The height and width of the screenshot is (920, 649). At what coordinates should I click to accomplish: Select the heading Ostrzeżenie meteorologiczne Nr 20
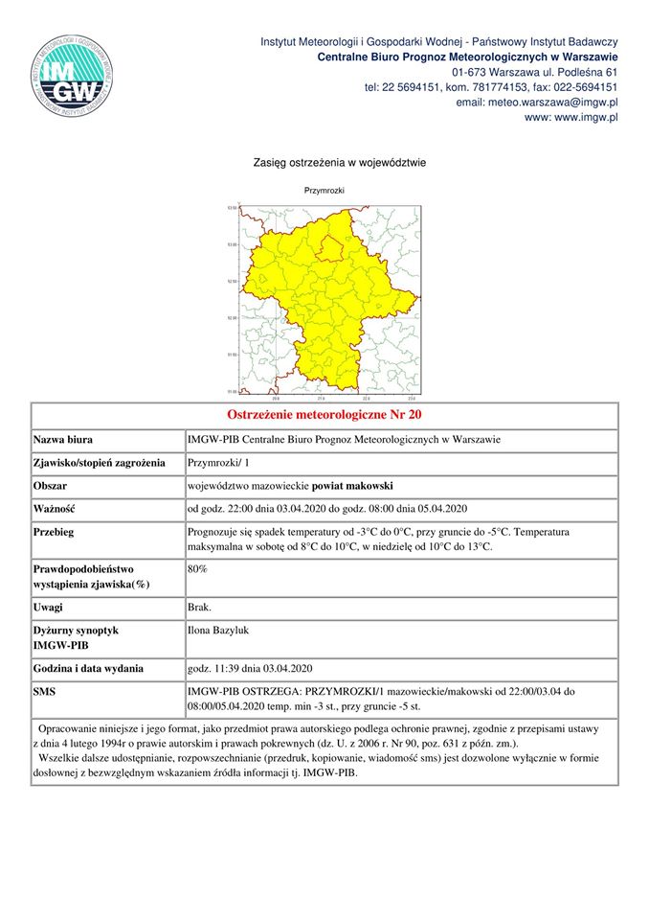point(324,415)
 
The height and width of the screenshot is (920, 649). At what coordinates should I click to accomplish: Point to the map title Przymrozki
point(324,192)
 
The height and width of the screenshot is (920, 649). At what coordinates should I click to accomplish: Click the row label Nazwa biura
point(63,440)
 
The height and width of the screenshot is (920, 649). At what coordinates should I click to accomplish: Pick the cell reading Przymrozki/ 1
point(218,463)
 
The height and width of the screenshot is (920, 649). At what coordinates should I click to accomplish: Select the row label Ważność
point(55,508)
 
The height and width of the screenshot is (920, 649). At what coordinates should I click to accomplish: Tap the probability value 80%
point(198,569)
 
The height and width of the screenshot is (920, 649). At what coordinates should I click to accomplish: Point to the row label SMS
point(45,691)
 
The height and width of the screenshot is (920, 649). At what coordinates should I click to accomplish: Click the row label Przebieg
point(55,531)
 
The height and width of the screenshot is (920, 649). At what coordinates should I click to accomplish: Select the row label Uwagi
point(49,609)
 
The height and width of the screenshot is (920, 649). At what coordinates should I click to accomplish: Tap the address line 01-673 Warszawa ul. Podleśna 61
point(534,72)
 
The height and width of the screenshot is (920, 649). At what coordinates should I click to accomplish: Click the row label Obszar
point(51,485)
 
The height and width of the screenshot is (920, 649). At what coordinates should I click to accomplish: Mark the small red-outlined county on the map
point(330,249)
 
